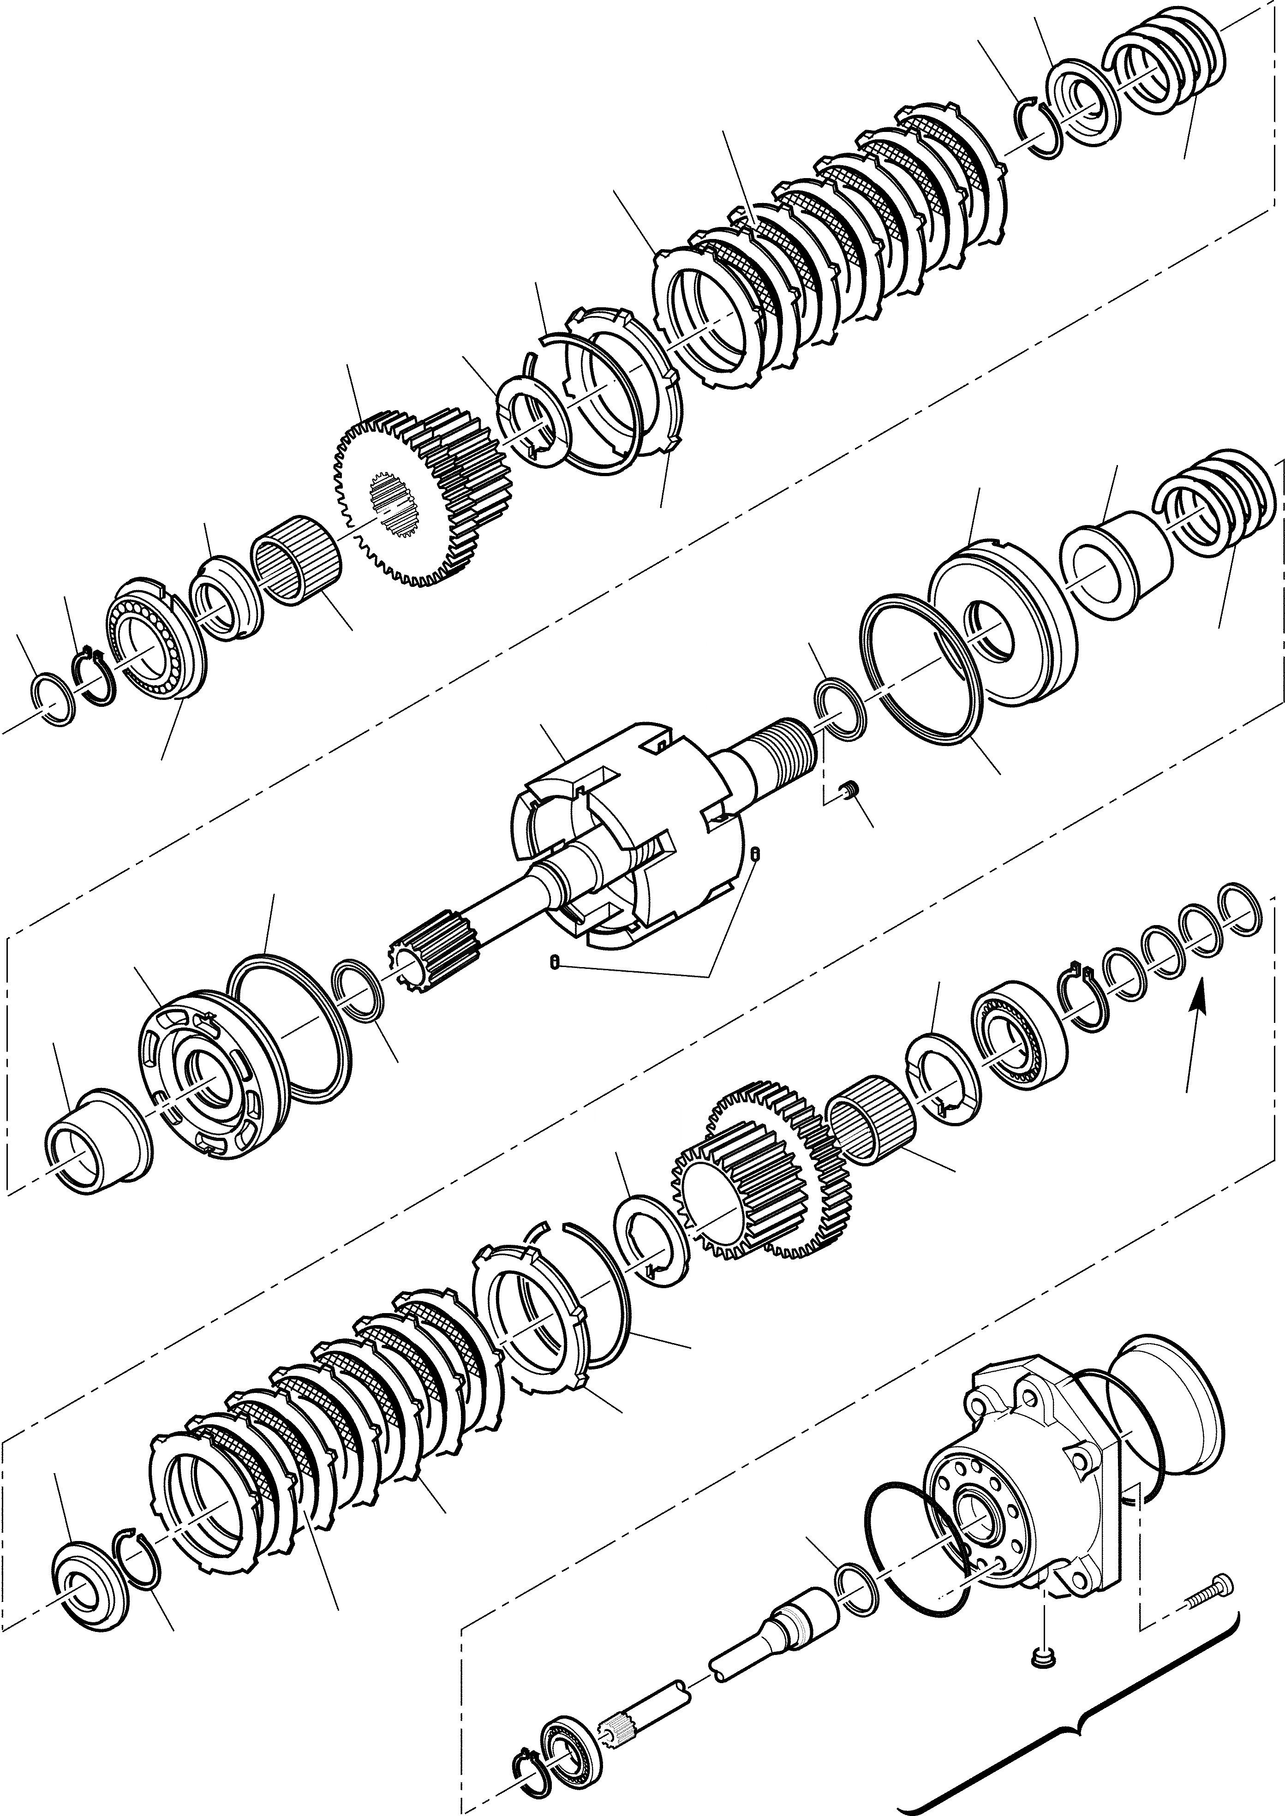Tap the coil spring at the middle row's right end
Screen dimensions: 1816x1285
1214,507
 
